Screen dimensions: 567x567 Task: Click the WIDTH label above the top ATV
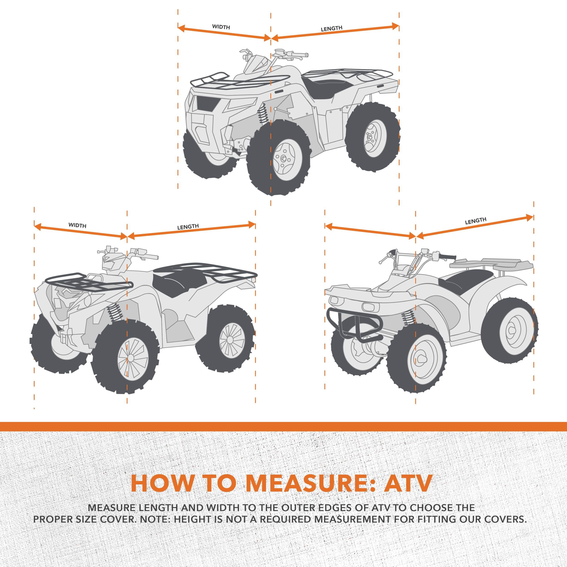click(x=221, y=27)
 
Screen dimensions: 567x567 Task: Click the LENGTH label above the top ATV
click(x=331, y=28)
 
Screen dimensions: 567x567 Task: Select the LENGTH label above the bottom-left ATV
click(x=188, y=227)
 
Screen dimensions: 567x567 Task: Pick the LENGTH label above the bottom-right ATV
click(x=476, y=221)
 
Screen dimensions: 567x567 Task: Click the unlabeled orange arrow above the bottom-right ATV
click(x=370, y=231)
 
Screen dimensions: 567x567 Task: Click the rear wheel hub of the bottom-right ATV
click(x=512, y=330)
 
